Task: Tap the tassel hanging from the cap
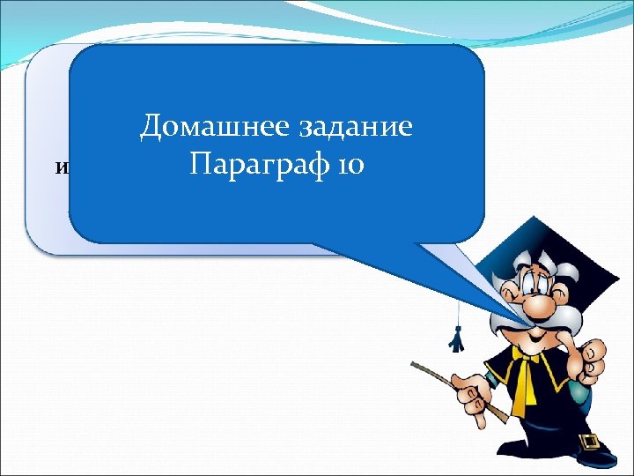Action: [x=455, y=337]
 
